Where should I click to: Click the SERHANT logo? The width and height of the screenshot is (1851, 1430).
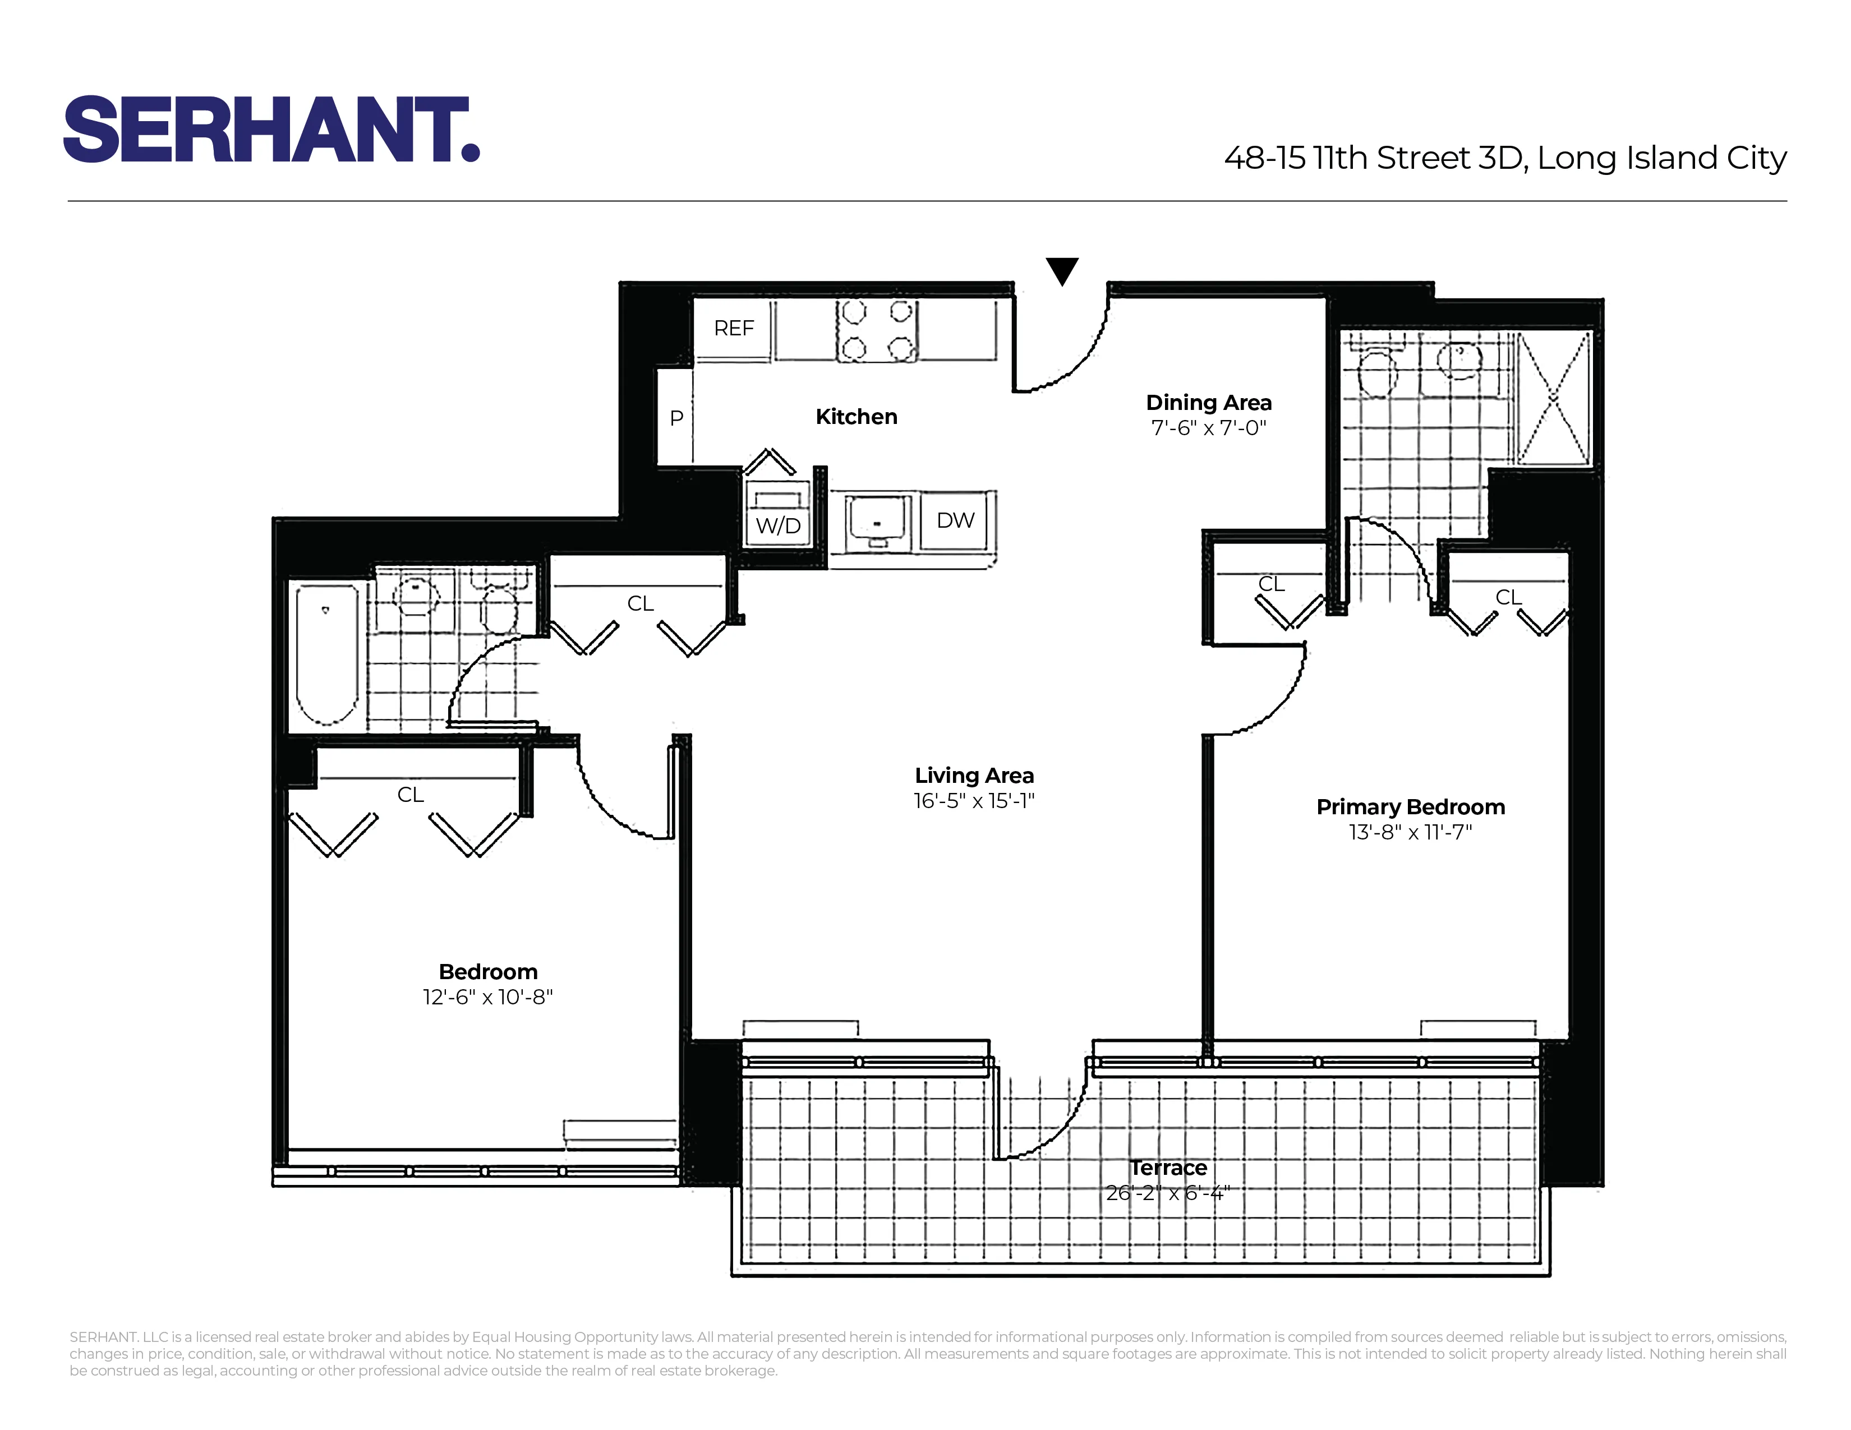(271, 130)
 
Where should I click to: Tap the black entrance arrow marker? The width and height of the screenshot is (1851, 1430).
(1061, 270)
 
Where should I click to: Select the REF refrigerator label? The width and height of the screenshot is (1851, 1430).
(733, 329)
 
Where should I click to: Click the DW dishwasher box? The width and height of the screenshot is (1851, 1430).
(955, 520)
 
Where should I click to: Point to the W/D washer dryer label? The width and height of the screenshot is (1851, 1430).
(778, 525)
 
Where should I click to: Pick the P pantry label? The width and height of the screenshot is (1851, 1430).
(676, 418)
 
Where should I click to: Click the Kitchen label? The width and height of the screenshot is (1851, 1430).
(856, 417)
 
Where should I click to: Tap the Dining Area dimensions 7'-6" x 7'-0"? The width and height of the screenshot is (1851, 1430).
(1209, 428)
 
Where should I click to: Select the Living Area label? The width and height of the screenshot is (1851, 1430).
(974, 775)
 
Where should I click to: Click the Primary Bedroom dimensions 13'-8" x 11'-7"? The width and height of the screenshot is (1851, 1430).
(1410, 832)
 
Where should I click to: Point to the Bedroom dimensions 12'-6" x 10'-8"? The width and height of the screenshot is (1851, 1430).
(487, 997)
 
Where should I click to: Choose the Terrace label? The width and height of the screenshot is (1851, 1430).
(1168, 1168)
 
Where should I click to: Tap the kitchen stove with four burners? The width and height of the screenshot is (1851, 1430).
(877, 331)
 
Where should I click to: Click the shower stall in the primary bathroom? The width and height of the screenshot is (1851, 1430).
(1554, 398)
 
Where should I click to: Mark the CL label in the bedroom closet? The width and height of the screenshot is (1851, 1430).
(410, 795)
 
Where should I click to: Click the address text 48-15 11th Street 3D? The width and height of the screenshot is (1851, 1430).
(1373, 158)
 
